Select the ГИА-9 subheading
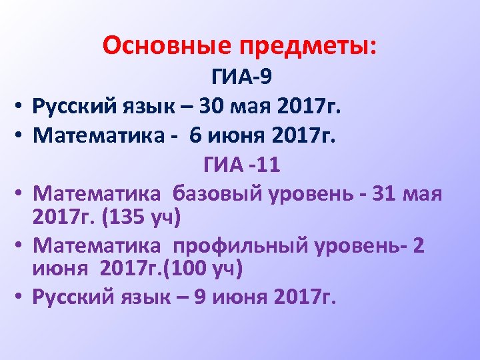241,79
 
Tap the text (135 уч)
139,217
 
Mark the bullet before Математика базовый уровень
20,195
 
